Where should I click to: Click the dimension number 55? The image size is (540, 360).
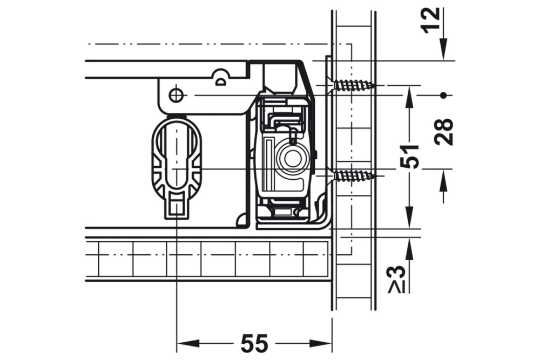click(254, 343)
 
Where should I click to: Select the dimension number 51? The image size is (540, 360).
click(411, 157)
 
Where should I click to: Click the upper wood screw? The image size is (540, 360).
click(354, 85)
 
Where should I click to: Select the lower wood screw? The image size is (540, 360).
click(354, 175)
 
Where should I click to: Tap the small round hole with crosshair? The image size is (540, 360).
click(174, 95)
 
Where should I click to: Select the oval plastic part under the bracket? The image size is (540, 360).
click(175, 157)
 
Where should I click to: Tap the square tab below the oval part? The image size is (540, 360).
click(175, 206)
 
